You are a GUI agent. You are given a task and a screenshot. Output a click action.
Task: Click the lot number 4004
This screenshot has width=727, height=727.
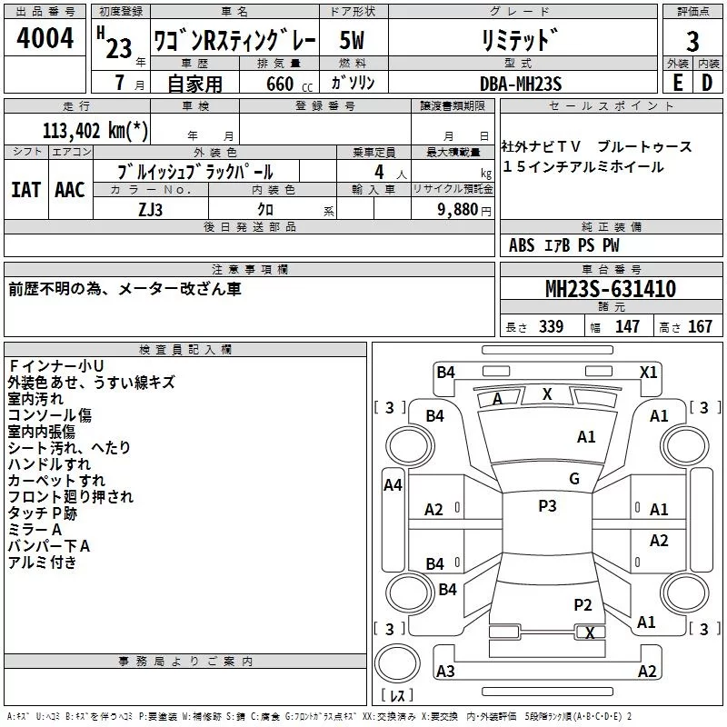45,39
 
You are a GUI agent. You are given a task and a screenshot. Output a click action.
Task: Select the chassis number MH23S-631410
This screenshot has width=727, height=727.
611,290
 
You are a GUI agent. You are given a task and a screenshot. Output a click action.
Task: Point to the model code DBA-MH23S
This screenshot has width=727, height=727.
521,83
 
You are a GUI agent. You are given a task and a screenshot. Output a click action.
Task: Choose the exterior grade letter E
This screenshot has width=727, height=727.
677,83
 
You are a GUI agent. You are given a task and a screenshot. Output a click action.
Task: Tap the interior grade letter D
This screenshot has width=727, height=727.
708,83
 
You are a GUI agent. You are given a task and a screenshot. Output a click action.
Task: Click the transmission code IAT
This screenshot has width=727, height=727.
25,190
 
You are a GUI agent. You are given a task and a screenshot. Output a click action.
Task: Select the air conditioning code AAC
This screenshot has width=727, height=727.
69,190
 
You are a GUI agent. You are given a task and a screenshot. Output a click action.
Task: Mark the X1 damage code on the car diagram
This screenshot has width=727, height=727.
649,372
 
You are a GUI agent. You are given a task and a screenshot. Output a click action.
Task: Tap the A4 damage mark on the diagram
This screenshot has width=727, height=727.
393,485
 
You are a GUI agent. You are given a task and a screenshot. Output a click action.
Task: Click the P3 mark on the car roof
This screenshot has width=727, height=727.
547,506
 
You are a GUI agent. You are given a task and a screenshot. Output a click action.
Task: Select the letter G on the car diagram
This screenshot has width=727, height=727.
574,479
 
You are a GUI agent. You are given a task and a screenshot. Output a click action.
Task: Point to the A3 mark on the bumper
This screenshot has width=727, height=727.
445,672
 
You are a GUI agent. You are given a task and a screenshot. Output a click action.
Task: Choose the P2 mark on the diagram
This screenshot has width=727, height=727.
583,604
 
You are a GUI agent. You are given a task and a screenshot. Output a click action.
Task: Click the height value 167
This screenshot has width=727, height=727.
701,327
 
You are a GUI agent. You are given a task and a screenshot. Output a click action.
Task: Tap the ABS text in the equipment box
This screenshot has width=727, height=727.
522,245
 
